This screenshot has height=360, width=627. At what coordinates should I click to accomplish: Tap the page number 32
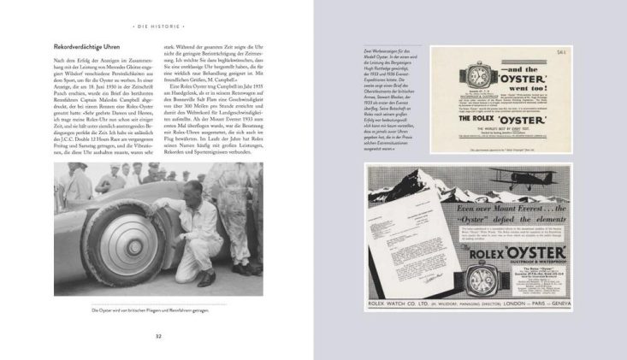point(157,335)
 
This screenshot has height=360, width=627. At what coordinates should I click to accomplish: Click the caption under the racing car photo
point(149,310)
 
